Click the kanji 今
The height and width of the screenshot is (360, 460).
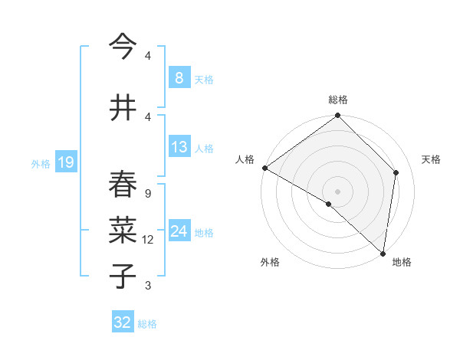click(123, 47)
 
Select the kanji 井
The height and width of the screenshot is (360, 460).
click(123, 107)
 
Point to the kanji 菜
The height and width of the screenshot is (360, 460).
click(123, 230)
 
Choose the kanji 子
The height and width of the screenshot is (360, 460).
click(123, 276)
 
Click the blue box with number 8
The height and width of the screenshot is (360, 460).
click(179, 78)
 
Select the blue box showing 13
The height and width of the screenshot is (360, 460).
click(179, 147)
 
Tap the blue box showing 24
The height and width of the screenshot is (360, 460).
click(179, 231)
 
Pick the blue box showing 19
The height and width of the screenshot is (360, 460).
click(65, 162)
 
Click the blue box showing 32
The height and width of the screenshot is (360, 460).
click(123, 322)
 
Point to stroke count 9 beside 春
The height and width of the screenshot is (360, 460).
click(147, 193)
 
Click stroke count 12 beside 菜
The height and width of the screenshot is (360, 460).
click(148, 240)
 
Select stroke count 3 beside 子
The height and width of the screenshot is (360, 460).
click(147, 286)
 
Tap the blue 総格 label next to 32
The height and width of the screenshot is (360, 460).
click(147, 324)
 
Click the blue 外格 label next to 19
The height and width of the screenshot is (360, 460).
click(40, 163)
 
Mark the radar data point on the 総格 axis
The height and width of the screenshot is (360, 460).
click(337, 116)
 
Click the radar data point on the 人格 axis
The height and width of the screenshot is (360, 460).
click(264, 168)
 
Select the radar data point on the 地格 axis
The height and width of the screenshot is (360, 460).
click(383, 253)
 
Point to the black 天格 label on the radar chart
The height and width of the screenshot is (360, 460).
click(431, 159)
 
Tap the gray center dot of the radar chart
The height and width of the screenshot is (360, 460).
click(337, 191)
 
